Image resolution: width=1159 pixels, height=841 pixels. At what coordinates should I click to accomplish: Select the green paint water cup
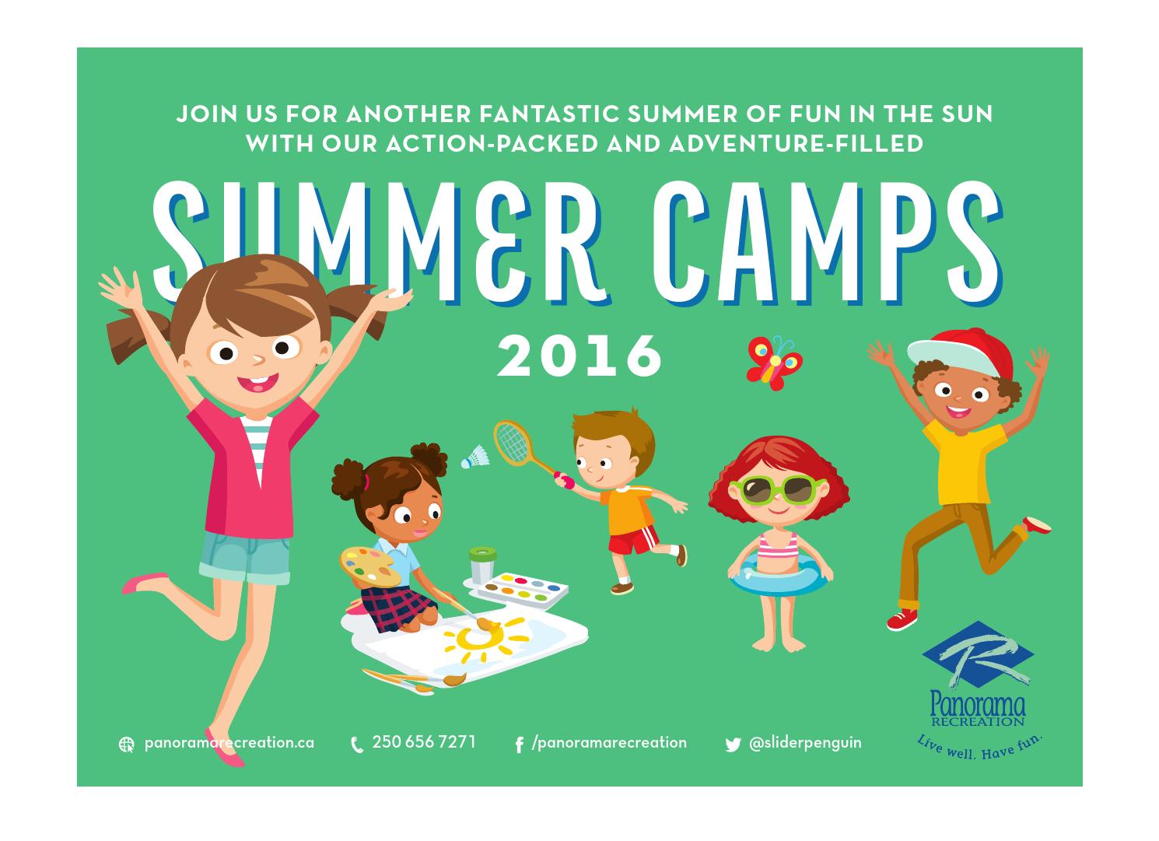481,564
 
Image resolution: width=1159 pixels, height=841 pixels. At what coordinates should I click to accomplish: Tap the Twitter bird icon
733,745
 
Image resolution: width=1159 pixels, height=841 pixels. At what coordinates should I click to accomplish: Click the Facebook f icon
519,745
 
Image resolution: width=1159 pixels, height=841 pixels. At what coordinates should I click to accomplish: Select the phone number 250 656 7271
424,742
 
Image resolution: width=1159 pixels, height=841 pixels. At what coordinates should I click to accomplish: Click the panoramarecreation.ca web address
229,743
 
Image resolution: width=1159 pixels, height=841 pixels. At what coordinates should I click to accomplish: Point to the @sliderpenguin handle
805,743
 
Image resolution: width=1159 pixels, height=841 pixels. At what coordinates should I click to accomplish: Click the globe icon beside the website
126,745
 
